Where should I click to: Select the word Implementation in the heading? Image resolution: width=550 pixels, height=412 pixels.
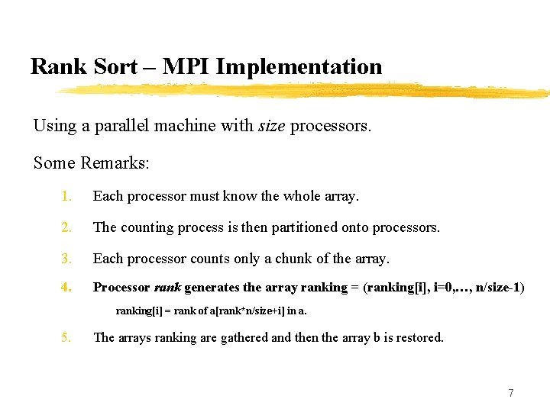coord(299,66)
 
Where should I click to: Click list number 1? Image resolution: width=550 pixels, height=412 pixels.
coord(67,196)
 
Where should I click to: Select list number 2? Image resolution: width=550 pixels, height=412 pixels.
coord(67,227)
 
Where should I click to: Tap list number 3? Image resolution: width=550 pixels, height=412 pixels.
coord(67,259)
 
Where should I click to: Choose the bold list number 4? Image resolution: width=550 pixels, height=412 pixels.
coord(67,288)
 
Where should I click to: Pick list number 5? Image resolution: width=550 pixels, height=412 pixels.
coord(67,337)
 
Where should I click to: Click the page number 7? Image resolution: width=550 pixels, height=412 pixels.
coord(511,393)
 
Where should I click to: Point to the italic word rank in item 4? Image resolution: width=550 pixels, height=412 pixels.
coord(167,288)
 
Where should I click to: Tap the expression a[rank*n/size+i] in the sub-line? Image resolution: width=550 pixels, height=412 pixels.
coord(233,311)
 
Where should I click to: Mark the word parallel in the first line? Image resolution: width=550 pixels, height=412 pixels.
coord(121,125)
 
